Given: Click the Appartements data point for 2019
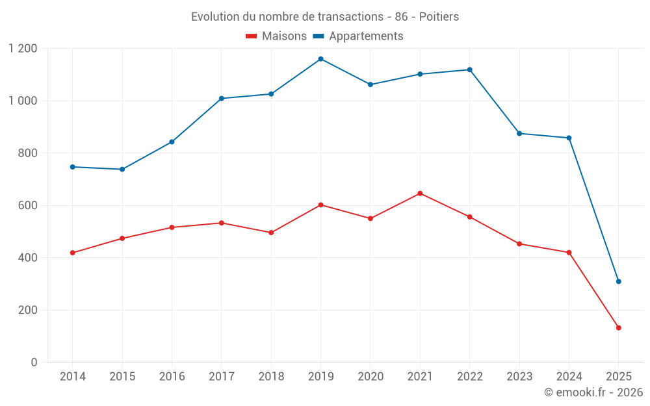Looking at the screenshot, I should [320, 59].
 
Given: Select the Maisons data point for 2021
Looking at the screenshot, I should [420, 194].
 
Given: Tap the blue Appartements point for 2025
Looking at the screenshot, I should [619, 281].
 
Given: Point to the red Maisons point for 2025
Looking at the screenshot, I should [619, 328].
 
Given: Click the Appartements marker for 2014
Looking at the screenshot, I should [72, 167].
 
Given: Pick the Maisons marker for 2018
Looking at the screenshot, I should [271, 233].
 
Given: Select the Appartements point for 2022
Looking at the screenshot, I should [469, 70].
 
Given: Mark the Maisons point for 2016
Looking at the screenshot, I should [172, 227].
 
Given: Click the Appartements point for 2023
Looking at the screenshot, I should [519, 133].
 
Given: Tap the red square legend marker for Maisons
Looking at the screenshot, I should [251, 36].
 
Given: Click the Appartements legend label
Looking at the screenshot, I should [366, 36].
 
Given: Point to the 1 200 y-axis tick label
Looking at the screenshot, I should [23, 49].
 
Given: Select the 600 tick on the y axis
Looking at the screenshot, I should [28, 205].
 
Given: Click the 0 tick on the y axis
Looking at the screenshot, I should [34, 362].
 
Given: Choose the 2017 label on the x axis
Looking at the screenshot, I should [221, 377].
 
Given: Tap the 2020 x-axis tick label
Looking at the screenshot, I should [370, 377].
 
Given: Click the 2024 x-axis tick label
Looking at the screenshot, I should [569, 377].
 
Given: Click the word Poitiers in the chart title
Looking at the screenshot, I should [439, 17].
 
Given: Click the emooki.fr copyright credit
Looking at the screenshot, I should [593, 392].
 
